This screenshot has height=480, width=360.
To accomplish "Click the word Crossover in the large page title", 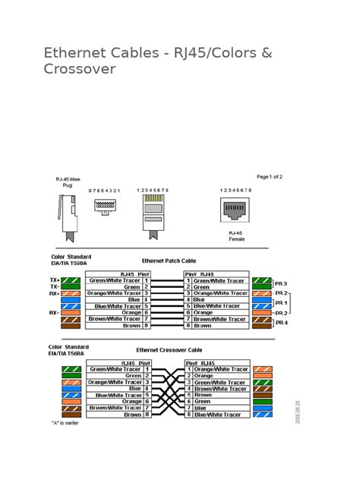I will click(80, 70).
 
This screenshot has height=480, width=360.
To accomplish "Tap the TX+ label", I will click(54, 280).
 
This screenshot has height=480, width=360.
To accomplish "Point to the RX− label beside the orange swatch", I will click(54, 312).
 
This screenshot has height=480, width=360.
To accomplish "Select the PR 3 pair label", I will click(281, 283).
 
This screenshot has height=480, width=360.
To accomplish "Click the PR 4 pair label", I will click(281, 322).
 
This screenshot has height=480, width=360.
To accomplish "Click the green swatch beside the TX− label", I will click(71, 287).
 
